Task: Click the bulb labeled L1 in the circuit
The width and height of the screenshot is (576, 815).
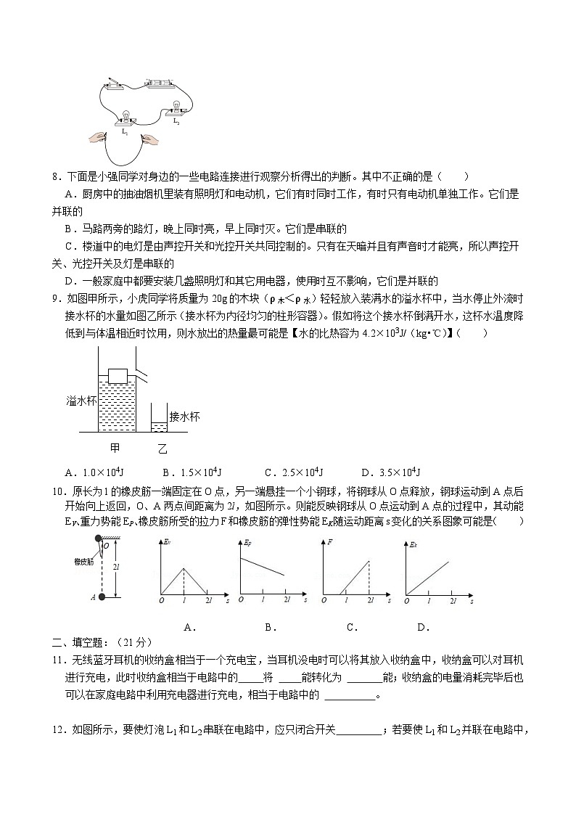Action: click(125, 118)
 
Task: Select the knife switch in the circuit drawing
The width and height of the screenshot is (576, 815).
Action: click(115, 84)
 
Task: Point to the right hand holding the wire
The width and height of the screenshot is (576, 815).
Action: click(148, 137)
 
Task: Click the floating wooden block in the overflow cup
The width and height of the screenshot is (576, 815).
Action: click(118, 375)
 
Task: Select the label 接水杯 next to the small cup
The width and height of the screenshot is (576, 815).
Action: click(184, 417)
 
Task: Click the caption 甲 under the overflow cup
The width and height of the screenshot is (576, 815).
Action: click(115, 447)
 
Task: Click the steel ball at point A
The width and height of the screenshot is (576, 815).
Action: click(101, 597)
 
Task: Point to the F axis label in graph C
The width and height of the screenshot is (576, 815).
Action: click(330, 543)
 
